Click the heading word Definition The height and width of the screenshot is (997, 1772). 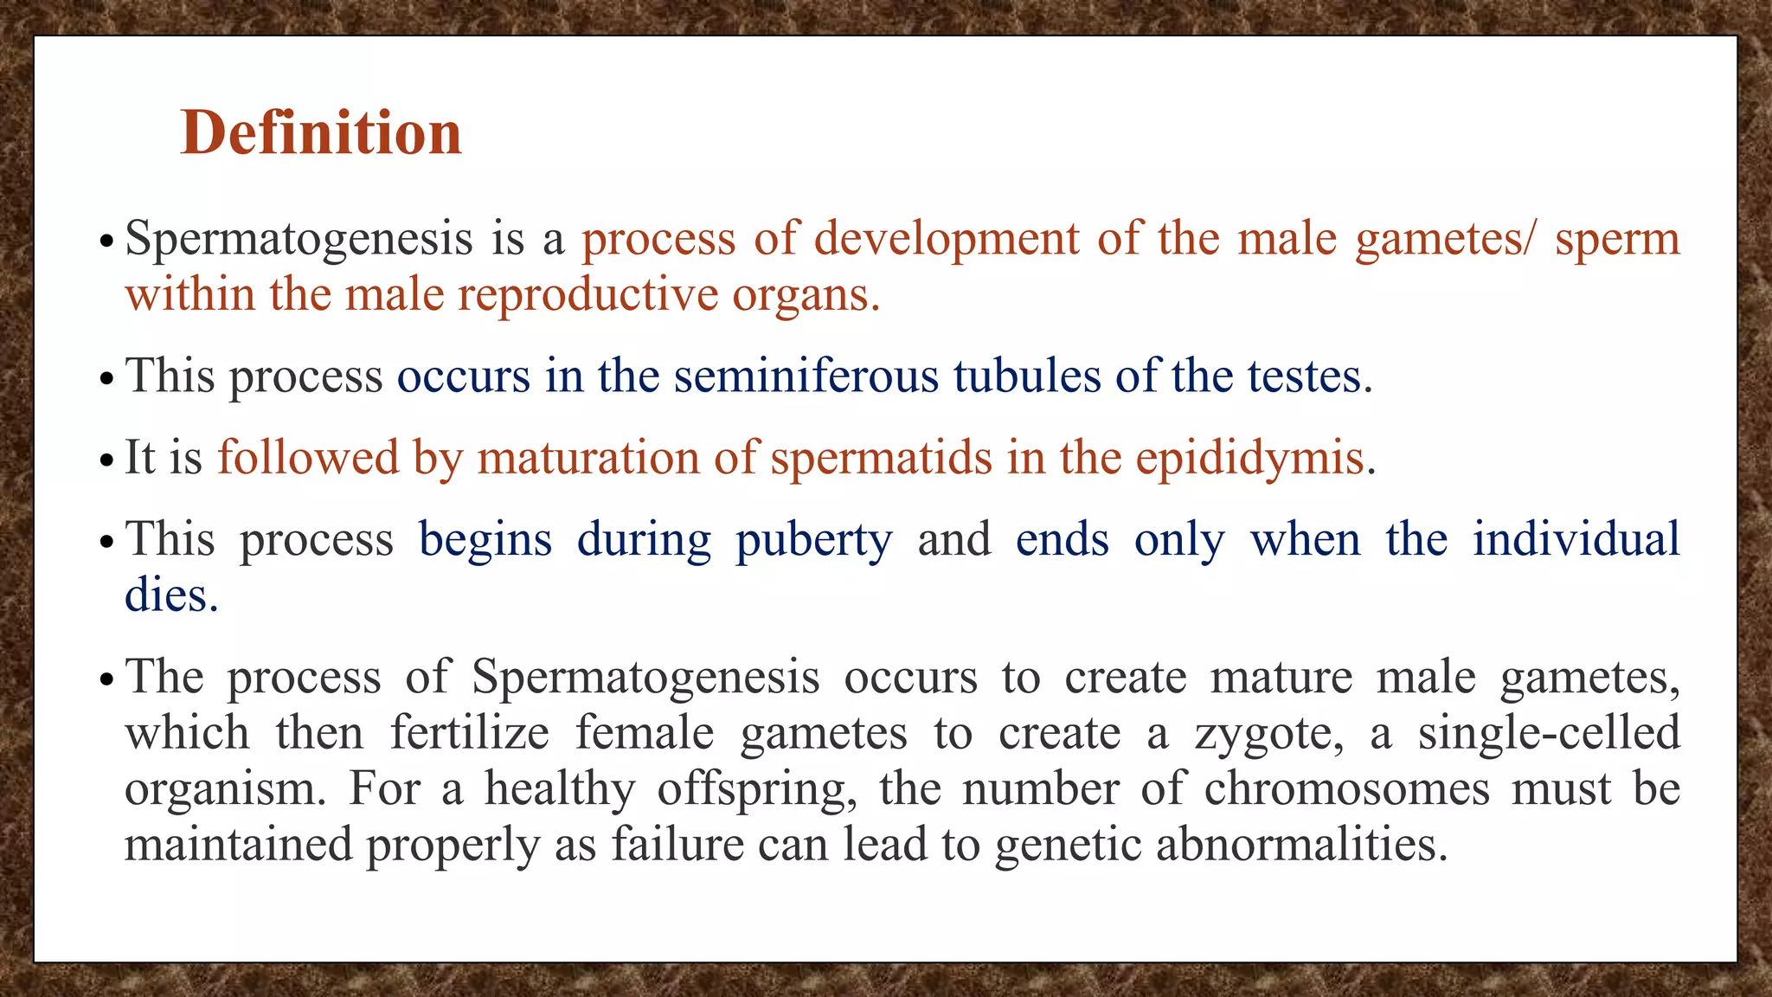321,133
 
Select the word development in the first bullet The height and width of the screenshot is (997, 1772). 947,239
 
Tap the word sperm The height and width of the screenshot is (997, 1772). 1616,239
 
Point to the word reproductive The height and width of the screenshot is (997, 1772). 587,295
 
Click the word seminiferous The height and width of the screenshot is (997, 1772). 806,376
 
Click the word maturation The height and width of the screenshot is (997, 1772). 587,458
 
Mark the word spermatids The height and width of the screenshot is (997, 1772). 881,458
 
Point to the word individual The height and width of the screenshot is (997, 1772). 1576,539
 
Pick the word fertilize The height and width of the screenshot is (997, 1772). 469,733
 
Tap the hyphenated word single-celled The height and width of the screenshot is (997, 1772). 1548,733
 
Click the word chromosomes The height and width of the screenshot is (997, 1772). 1346,788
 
